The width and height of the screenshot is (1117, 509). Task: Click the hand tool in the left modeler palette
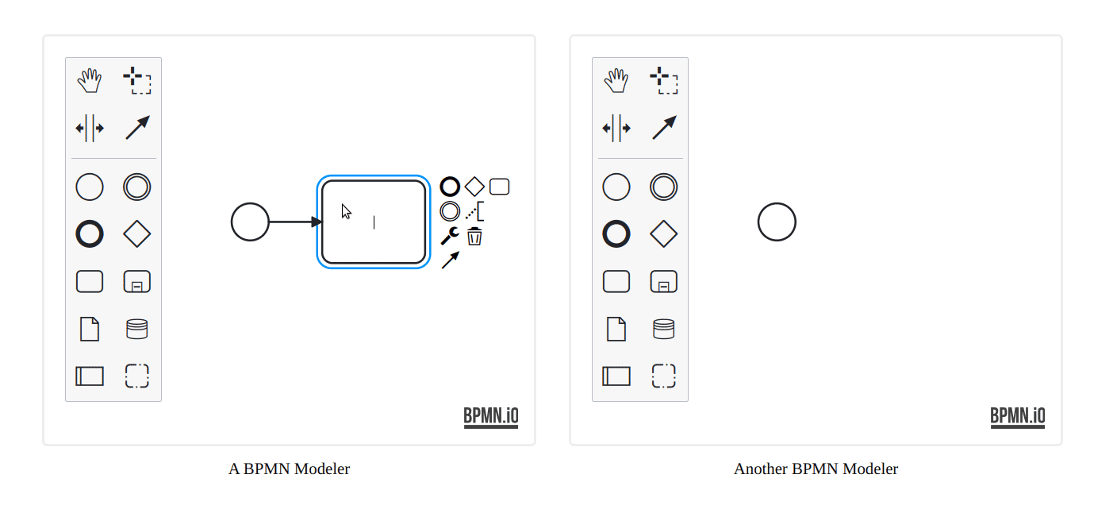(90, 80)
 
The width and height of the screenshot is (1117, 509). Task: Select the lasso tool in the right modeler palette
(664, 80)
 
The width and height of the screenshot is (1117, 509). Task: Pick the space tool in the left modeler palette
(90, 129)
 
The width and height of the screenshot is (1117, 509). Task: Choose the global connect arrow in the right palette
(664, 128)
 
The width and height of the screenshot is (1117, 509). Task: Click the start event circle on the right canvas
(777, 203)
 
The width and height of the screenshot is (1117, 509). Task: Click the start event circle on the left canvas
(251, 203)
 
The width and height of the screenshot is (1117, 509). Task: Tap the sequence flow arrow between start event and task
(296, 222)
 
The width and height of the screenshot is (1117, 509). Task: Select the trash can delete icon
(474, 236)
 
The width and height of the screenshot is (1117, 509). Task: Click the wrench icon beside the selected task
(450, 236)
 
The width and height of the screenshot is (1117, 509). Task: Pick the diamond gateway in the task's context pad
(474, 187)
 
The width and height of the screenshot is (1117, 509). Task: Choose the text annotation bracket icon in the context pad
(474, 211)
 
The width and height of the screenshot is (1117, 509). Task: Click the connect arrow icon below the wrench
(451, 260)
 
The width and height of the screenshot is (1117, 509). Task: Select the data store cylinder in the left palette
(137, 329)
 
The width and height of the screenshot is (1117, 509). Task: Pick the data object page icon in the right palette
(616, 329)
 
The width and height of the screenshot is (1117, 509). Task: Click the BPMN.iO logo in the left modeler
(491, 417)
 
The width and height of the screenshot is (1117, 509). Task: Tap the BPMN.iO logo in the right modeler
(1018, 417)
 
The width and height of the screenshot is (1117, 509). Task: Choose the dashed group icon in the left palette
(137, 364)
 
